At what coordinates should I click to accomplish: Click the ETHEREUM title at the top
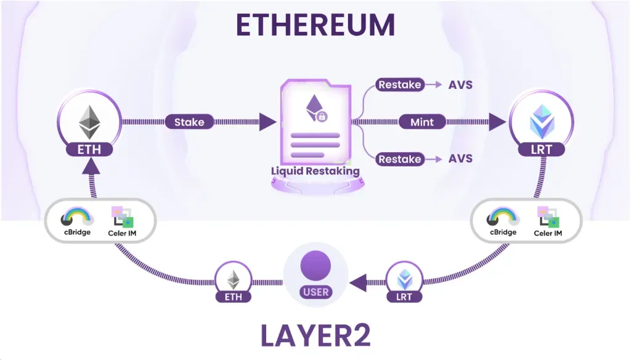click(315, 26)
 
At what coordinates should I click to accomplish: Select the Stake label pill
click(189, 122)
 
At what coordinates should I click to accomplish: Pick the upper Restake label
click(400, 84)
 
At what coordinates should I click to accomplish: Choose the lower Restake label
click(400, 159)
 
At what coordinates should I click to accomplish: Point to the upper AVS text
click(460, 84)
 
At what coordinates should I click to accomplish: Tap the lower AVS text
click(460, 159)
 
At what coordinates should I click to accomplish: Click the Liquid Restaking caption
click(315, 171)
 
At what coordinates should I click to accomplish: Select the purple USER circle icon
click(315, 266)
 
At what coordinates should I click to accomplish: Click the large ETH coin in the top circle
click(89, 121)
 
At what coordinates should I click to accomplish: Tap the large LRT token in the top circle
click(540, 121)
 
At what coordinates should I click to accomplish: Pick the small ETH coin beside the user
click(233, 280)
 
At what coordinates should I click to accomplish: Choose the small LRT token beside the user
click(404, 280)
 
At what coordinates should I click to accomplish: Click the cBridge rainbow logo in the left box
click(77, 216)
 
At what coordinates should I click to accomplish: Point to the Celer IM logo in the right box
click(547, 217)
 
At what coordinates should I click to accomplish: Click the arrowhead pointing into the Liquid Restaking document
click(267, 122)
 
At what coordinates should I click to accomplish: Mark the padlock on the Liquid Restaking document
click(322, 117)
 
